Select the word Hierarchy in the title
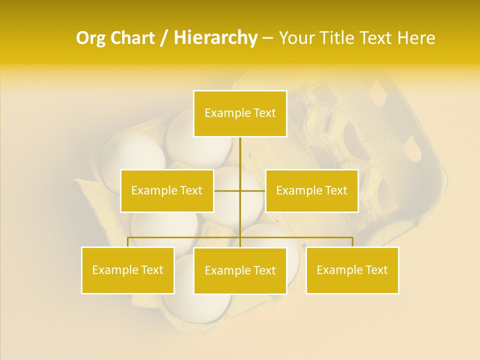(215, 38)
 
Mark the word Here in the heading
(416, 38)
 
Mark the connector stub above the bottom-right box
(352, 242)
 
